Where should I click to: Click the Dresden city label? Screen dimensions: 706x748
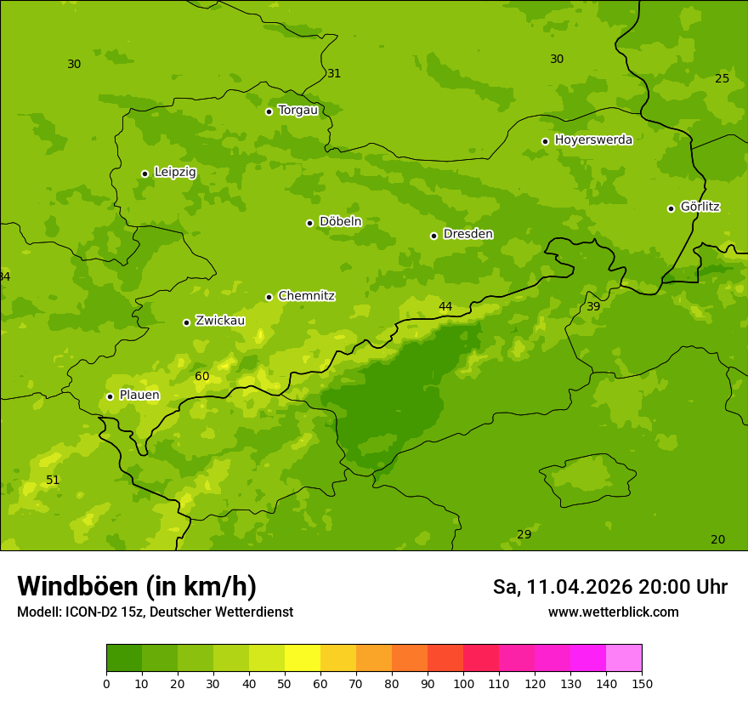pyautogui.click(x=467, y=234)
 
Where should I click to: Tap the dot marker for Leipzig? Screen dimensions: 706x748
pyautogui.click(x=144, y=174)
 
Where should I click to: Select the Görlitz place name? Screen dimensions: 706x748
pyautogui.click(x=700, y=207)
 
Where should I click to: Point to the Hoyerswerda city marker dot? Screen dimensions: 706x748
pyautogui.click(x=545, y=141)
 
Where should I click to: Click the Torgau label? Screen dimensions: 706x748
pyautogui.click(x=297, y=110)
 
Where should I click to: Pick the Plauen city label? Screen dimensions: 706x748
pyautogui.click(x=139, y=395)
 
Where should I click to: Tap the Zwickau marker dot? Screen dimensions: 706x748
pyautogui.click(x=186, y=322)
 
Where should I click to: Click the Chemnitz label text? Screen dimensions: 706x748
pyautogui.click(x=306, y=296)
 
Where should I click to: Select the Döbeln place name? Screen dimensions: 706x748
pyautogui.click(x=340, y=221)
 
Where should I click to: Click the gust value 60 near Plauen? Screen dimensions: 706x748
pyautogui.click(x=201, y=376)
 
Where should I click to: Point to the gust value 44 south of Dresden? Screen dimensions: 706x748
pyautogui.click(x=445, y=306)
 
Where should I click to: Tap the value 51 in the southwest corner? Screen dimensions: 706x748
pyautogui.click(x=53, y=480)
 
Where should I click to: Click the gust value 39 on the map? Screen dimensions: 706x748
pyautogui.click(x=593, y=306)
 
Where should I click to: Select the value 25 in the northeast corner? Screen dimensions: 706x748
pyautogui.click(x=722, y=78)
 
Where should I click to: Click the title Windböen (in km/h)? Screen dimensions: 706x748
pyautogui.click(x=137, y=586)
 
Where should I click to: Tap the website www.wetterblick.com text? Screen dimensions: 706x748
pyautogui.click(x=613, y=612)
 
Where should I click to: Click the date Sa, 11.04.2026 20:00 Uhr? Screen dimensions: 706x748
pyautogui.click(x=609, y=587)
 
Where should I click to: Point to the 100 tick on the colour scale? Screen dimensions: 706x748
pyautogui.click(x=463, y=682)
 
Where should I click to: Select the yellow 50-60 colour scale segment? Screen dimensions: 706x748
pyautogui.click(x=303, y=658)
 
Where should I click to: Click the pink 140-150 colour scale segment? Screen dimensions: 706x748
pyautogui.click(x=624, y=658)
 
